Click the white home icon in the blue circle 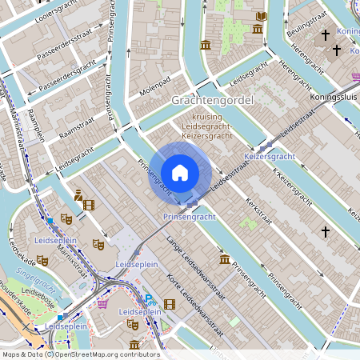point(180,173)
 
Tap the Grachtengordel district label point(212,101)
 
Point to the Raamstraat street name point(77,126)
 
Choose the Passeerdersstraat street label point(67,45)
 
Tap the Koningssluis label point(334,97)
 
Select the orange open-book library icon point(261,16)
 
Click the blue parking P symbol point(149,299)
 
